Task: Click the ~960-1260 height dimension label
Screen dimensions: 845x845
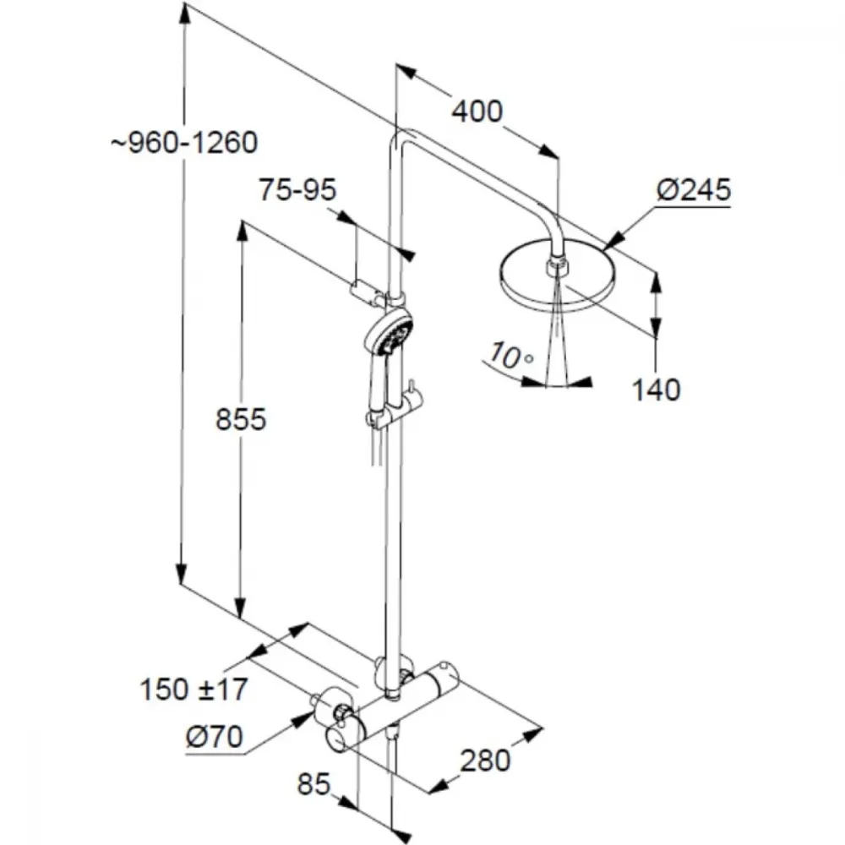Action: pos(184,143)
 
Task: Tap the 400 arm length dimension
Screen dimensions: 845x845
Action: pos(477,112)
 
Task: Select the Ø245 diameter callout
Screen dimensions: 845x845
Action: pos(694,189)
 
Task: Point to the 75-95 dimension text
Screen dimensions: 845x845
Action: pos(297,189)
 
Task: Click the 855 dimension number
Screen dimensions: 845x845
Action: pos(241,419)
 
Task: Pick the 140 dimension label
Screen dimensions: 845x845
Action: pos(656,390)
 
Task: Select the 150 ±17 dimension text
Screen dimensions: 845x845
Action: pos(194,690)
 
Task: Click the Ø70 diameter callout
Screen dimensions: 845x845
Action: pos(215,737)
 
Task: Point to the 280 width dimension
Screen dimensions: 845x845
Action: pos(485,760)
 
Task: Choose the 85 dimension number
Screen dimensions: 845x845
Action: pos(313,783)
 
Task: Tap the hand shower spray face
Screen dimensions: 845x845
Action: pos(396,334)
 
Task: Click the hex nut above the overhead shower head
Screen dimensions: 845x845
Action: pos(557,265)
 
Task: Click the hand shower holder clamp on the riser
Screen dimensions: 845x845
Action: pos(396,412)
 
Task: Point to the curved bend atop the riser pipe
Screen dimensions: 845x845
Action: pos(403,136)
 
